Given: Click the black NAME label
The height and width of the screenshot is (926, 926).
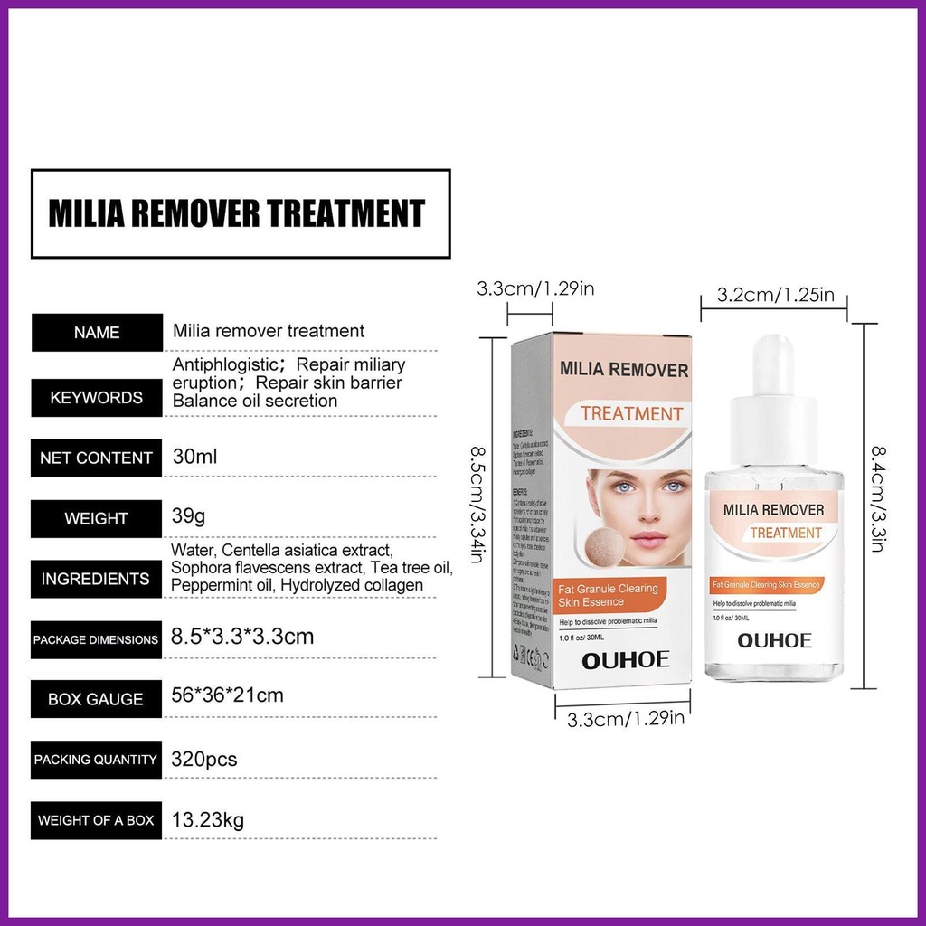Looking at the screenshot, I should point(97,332).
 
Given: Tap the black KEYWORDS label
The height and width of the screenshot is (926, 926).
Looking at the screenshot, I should point(97,397).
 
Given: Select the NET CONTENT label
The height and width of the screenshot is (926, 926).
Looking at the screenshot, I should point(97,458).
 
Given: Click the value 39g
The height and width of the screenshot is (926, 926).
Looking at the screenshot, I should point(189,517).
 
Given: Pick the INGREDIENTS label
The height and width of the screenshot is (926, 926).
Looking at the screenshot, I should point(97,579).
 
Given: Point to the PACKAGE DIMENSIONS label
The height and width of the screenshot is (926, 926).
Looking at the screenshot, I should point(97,639).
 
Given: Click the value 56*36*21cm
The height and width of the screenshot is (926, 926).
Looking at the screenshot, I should point(227,695).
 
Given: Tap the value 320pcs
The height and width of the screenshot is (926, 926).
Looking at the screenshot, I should point(204,759).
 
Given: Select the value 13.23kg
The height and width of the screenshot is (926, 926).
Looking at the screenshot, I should point(208,820).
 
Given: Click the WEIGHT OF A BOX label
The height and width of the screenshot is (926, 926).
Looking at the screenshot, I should point(97,820).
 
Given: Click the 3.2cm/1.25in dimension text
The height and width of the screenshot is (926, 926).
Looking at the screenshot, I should point(775,294).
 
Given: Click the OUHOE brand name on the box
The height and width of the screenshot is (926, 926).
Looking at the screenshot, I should point(625,659).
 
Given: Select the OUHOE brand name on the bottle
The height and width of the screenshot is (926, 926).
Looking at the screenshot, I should point(774,640).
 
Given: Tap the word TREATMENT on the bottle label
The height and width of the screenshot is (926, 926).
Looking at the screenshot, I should point(786,533).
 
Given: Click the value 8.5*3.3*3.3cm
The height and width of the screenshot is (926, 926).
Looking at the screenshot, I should point(242,636).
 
